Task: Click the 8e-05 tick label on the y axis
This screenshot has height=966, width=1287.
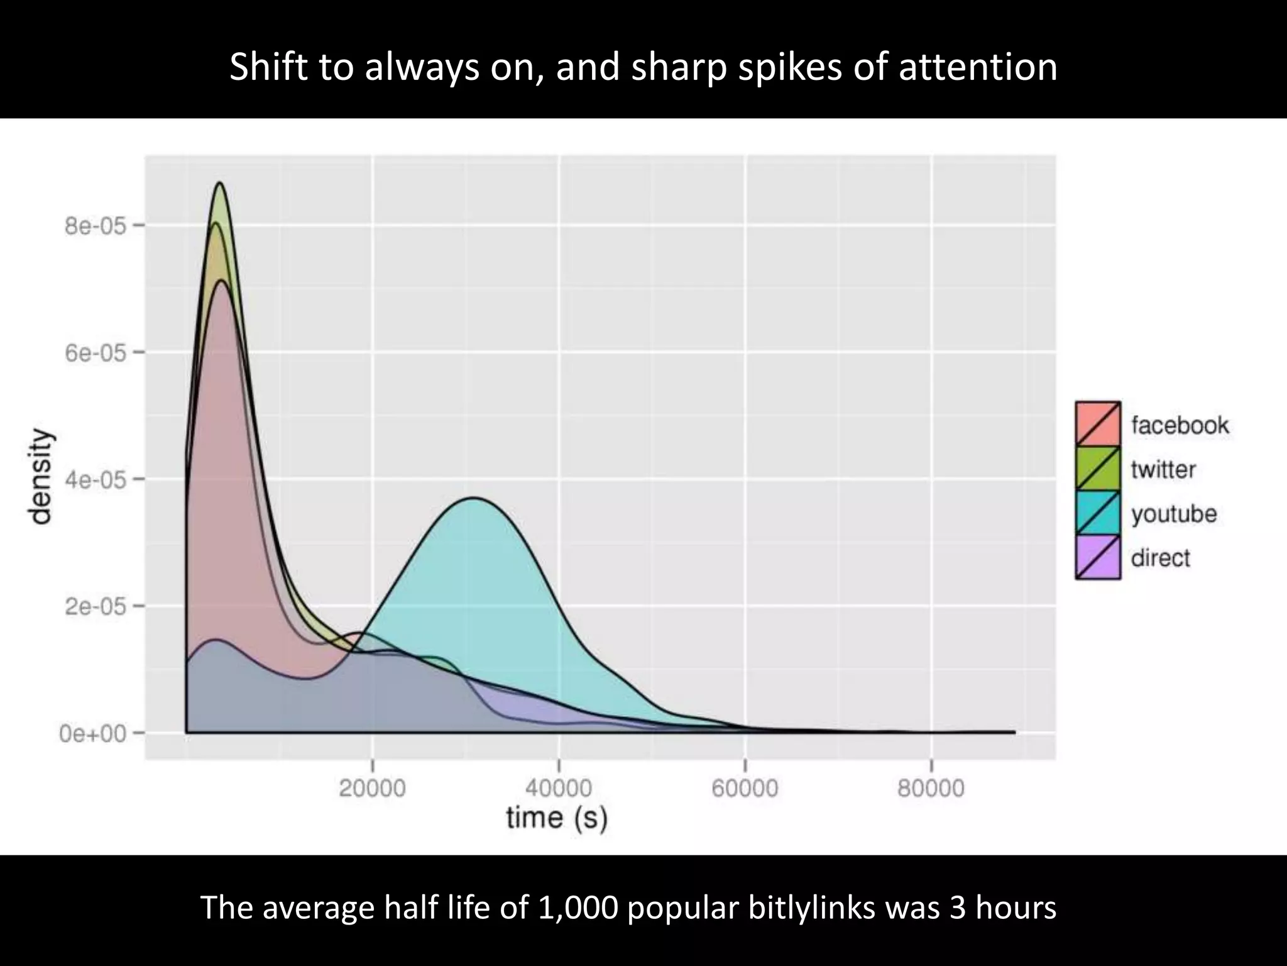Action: [x=94, y=225]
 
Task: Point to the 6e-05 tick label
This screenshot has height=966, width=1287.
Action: [x=94, y=352]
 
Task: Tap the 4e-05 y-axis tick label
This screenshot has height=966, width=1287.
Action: [x=94, y=479]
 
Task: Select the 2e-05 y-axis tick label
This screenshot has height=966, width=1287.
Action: [x=94, y=606]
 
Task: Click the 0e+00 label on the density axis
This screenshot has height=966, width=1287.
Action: [x=93, y=733]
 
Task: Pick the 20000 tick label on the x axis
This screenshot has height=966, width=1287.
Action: [x=372, y=788]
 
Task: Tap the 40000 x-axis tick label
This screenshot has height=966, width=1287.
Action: [x=559, y=788]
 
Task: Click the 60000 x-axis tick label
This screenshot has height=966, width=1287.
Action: [x=745, y=788]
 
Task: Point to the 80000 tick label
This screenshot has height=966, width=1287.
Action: [x=931, y=788]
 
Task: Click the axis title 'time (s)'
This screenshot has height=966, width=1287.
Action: [x=557, y=818]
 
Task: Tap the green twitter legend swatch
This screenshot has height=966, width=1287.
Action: [x=1097, y=468]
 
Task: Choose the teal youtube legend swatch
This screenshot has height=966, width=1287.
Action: [x=1097, y=513]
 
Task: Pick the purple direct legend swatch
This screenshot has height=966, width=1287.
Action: [x=1097, y=557]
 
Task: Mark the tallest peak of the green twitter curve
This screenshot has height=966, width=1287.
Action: [x=220, y=183]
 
